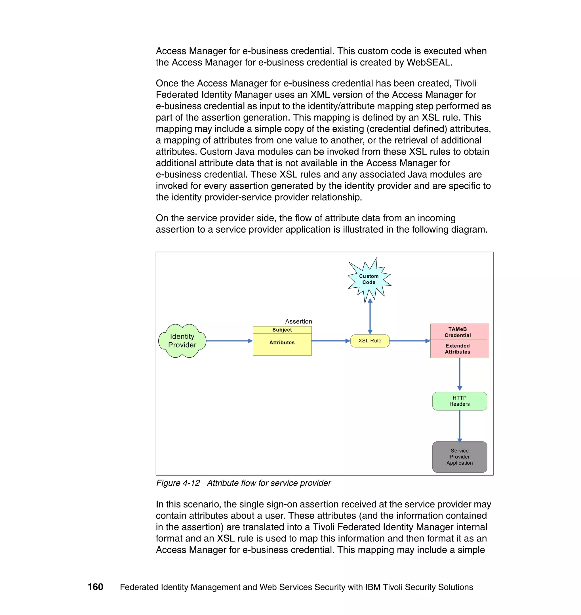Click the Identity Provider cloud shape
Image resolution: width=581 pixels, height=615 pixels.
tap(182, 341)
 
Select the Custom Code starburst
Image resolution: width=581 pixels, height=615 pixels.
tap(369, 279)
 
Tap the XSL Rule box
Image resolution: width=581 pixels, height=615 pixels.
tap(370, 341)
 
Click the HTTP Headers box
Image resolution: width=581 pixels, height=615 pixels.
tap(460, 401)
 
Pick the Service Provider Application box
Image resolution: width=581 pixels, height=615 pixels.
tap(460, 457)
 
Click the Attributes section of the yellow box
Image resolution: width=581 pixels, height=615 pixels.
tap(282, 343)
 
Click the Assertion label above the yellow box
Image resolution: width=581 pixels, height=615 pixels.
tap(298, 321)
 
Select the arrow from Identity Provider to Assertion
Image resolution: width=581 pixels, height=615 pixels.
tap(229, 341)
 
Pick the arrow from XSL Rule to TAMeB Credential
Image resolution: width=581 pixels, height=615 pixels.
tap(409, 341)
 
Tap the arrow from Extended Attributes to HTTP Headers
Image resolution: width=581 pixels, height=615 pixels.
tap(460, 374)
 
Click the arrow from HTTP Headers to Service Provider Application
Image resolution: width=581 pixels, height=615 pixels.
tap(460, 426)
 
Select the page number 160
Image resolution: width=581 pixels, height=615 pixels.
tap(95, 587)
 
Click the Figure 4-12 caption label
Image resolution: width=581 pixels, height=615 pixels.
tap(178, 483)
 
